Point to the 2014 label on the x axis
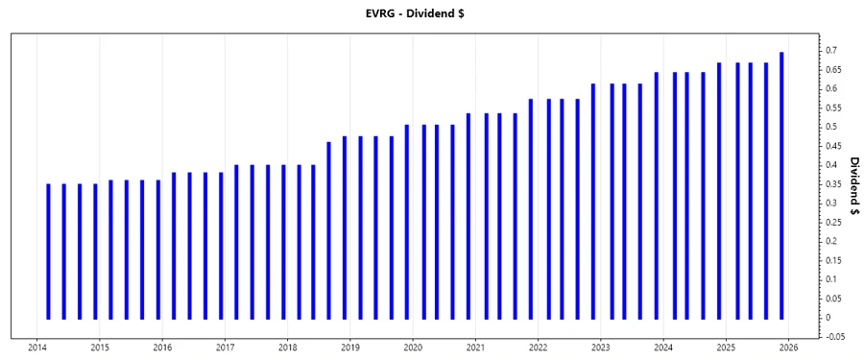37,348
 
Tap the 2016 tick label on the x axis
162,348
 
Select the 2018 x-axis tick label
287,348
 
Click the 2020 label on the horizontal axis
413,348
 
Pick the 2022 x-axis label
538,348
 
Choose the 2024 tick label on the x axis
663,348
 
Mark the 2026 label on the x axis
788,348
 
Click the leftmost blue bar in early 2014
48,251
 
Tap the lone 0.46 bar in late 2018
328,230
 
